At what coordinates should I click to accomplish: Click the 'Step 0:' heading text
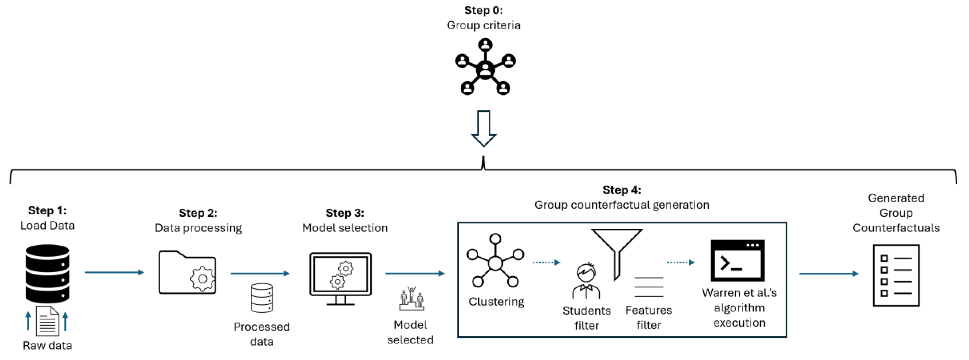483,10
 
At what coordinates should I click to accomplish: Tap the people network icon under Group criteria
485,67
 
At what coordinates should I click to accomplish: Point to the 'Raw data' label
47,345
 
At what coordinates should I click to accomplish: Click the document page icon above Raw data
47,321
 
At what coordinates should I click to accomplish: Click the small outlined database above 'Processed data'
262,298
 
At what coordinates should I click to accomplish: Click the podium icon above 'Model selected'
412,299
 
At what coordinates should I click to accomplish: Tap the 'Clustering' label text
496,302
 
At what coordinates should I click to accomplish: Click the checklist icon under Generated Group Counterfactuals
896,275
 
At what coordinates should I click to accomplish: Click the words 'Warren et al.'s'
739,293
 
